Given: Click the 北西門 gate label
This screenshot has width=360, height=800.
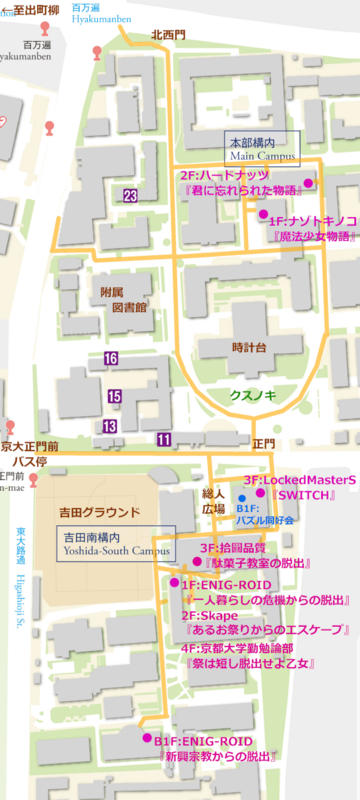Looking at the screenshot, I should click(x=168, y=35).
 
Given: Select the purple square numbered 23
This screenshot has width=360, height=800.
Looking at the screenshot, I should click(x=131, y=195).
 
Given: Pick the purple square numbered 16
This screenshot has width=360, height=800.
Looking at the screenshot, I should click(x=111, y=358).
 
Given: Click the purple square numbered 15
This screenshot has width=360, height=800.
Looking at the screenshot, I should click(x=115, y=397).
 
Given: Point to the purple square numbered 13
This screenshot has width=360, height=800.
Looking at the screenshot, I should click(x=109, y=426).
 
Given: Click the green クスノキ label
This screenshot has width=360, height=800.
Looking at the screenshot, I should click(x=252, y=396).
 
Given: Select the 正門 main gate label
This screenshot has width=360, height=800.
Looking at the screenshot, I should click(x=263, y=443).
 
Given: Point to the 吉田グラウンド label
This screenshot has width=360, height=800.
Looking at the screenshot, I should click(x=96, y=512).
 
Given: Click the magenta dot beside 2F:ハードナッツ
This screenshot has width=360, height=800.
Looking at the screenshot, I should click(x=309, y=183).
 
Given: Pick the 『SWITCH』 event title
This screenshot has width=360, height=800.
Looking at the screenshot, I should click(x=307, y=496).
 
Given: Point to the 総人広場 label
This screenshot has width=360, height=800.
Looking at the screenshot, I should click(x=214, y=501).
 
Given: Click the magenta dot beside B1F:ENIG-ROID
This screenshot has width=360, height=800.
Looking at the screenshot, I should click(x=147, y=739).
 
